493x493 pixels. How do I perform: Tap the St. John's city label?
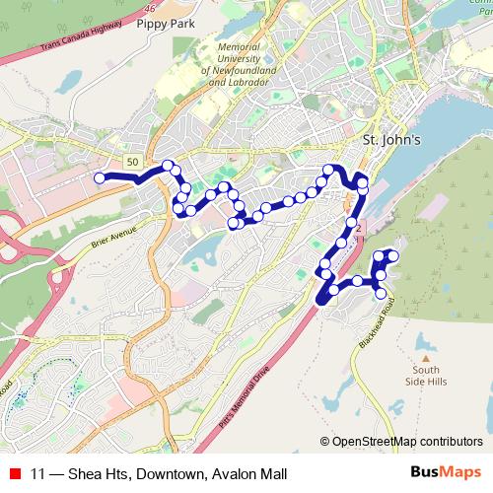point(392,140)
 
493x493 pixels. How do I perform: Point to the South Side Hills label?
point(427,377)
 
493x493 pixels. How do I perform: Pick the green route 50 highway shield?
point(132,160)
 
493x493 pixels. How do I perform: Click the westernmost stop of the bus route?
point(99,177)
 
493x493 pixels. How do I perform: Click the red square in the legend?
point(14,473)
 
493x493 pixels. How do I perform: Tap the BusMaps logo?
point(449,472)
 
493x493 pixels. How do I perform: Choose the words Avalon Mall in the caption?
point(250,473)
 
